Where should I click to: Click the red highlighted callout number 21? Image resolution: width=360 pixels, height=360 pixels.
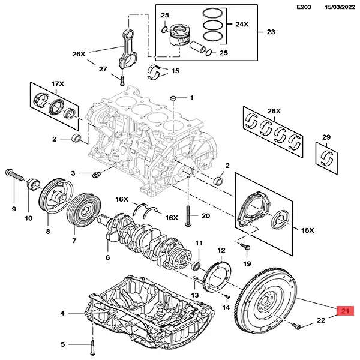[345, 311]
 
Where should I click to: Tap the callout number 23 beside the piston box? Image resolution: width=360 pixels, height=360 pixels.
[271, 31]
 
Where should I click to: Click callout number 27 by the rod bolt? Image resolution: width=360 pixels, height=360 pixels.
[103, 68]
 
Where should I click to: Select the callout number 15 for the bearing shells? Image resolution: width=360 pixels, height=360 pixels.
[175, 71]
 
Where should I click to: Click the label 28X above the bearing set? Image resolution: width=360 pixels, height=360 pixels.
[274, 112]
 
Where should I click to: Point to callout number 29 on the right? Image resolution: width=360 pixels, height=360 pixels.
[326, 138]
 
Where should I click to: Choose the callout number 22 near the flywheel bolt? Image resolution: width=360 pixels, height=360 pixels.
[321, 320]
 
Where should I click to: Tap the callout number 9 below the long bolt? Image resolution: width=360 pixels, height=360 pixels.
[13, 209]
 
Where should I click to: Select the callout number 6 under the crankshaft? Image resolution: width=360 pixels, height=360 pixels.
[108, 257]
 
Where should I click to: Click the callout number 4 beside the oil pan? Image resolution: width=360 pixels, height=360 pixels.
[62, 314]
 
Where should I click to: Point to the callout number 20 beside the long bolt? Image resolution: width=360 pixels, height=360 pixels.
[205, 216]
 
